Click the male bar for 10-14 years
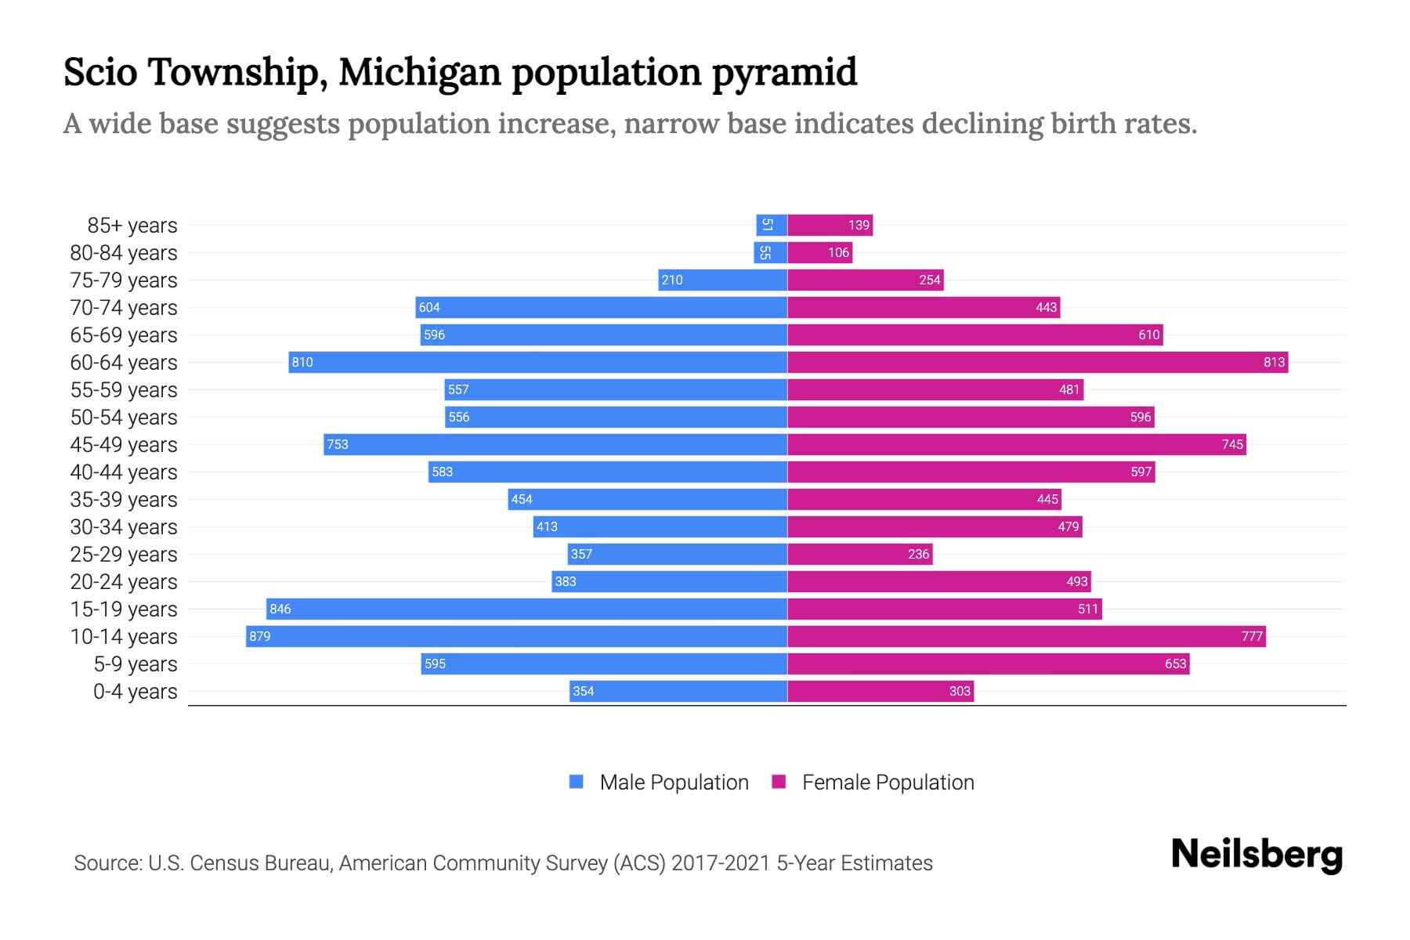coord(517,636)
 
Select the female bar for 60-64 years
coord(1037,362)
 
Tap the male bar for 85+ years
coord(772,225)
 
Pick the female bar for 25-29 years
coord(859,554)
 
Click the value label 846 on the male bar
coord(280,609)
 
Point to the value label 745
coord(1232,444)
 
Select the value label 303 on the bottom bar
coord(960,691)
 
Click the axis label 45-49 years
coord(124,444)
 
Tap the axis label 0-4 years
coord(135,691)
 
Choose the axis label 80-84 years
coord(124,252)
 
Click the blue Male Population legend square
coord(577,782)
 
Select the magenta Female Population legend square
coord(779,782)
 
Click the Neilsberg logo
coord(1256,855)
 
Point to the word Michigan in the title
coord(420,72)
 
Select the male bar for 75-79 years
coord(722,280)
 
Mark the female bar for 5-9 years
coord(988,663)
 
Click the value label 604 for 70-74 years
coord(429,307)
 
